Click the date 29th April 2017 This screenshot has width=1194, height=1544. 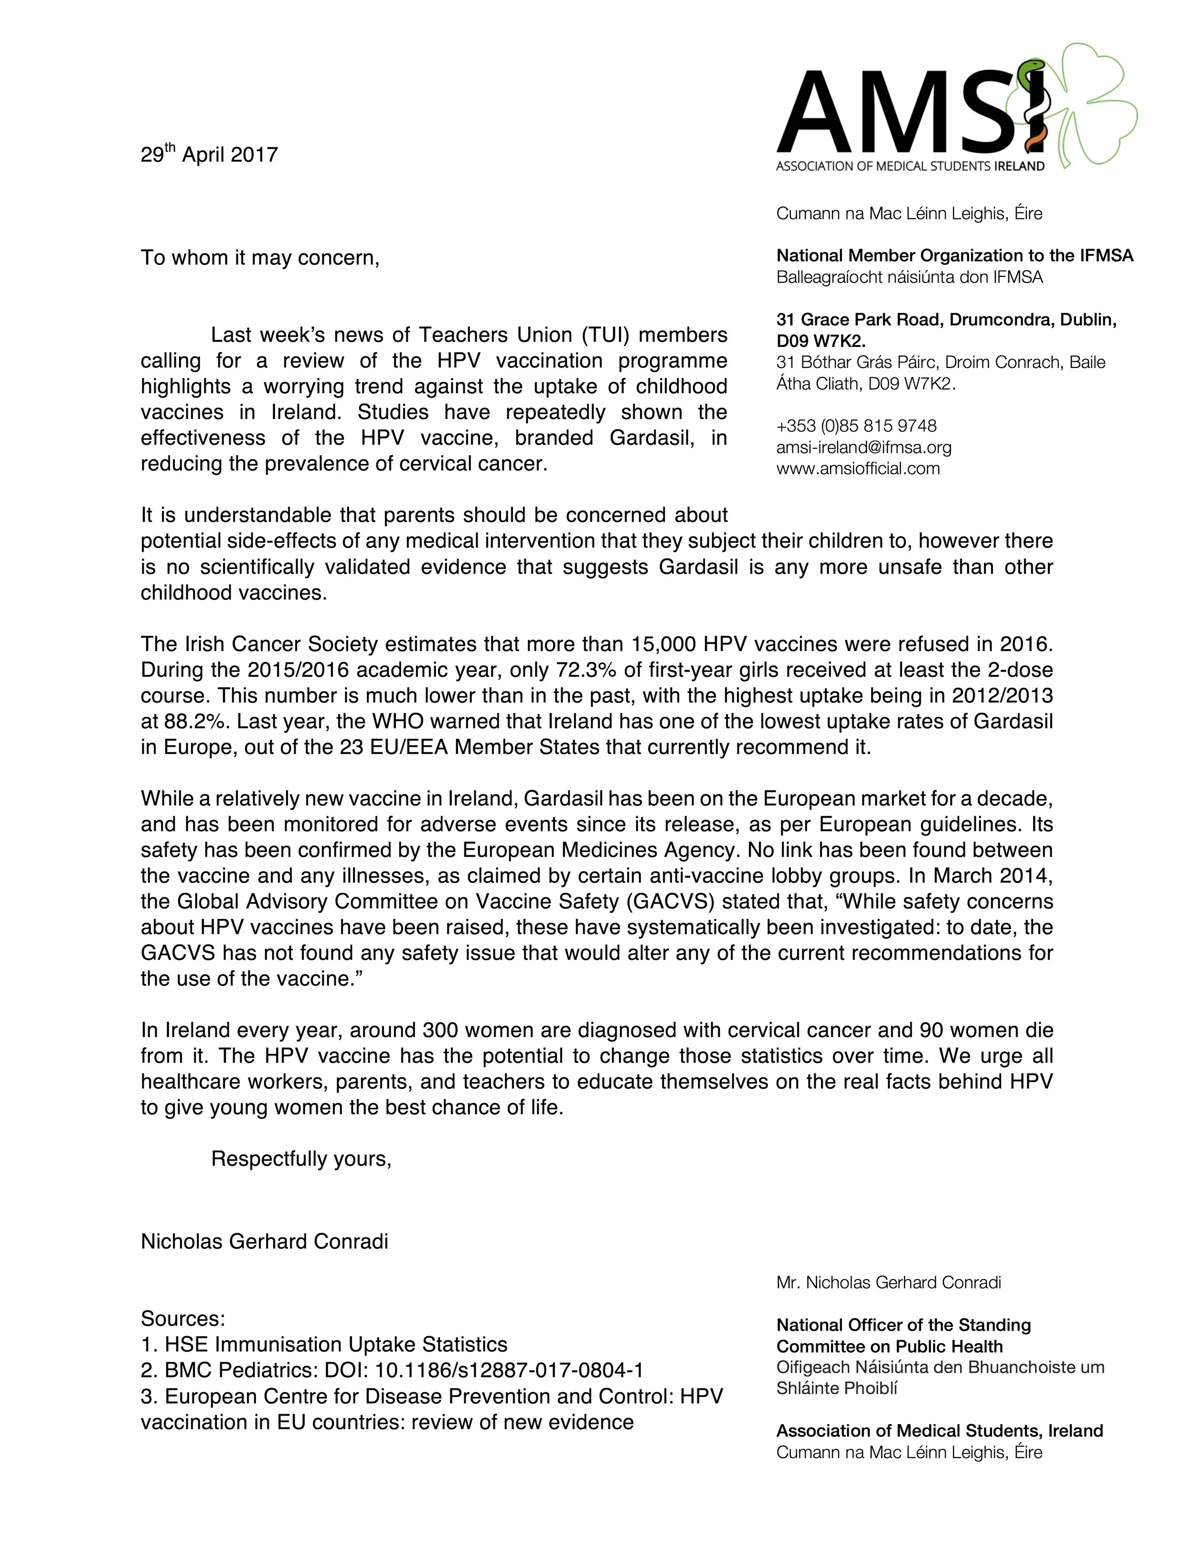coord(209,154)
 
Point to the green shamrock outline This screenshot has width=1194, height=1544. coord(1089,106)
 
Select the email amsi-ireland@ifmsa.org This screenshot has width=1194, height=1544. coord(864,448)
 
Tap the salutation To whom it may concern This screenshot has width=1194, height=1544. coord(260,258)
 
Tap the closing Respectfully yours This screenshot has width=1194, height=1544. coord(300,1159)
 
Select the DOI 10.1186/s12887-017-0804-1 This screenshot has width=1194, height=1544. coord(509,1370)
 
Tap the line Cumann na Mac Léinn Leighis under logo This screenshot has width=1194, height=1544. coord(909,213)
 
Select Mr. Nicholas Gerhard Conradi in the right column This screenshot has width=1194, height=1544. coord(888,1282)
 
